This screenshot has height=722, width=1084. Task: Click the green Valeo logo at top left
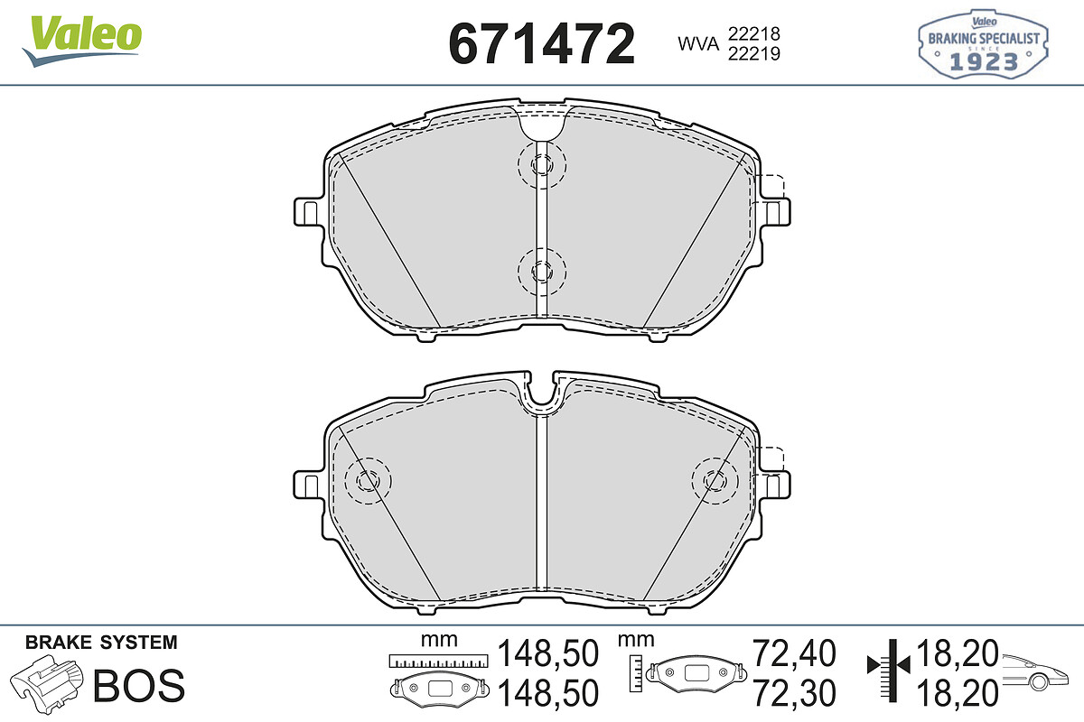[82, 42]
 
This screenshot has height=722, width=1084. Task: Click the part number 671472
[541, 43]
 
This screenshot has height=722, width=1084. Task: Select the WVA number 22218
[754, 34]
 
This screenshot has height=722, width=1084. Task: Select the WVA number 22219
[754, 53]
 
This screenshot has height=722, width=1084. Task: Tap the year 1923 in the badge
[984, 62]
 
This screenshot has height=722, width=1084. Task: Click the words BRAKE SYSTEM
[101, 643]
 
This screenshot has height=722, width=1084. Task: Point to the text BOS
[139, 685]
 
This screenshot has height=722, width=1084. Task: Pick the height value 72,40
[794, 653]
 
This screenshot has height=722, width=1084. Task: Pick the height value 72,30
[794, 693]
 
